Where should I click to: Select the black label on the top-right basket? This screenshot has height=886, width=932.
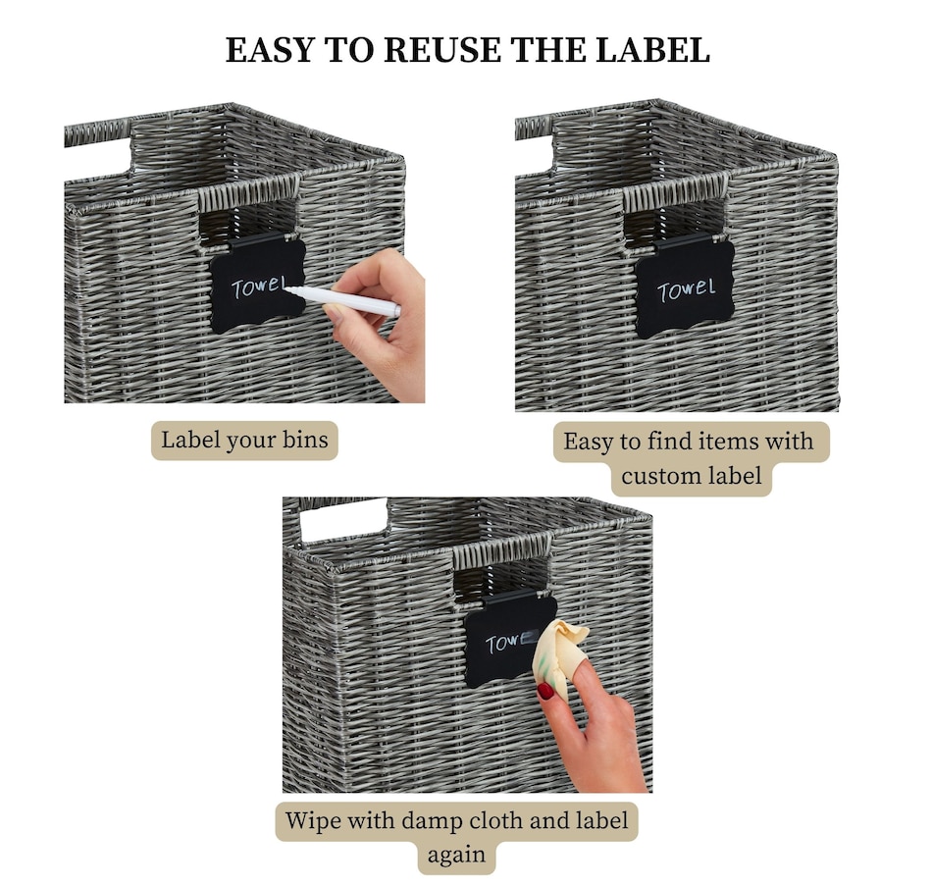pos(685,287)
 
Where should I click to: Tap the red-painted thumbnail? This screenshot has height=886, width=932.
pos(545,691)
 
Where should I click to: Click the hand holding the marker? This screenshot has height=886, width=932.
pos(378,324)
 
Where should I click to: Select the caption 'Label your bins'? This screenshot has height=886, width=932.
pos(244,440)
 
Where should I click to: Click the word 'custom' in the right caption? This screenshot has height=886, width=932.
pos(663,476)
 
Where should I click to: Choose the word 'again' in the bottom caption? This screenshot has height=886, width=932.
pos(456,854)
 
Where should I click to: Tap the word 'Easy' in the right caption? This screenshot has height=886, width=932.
pos(588,442)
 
